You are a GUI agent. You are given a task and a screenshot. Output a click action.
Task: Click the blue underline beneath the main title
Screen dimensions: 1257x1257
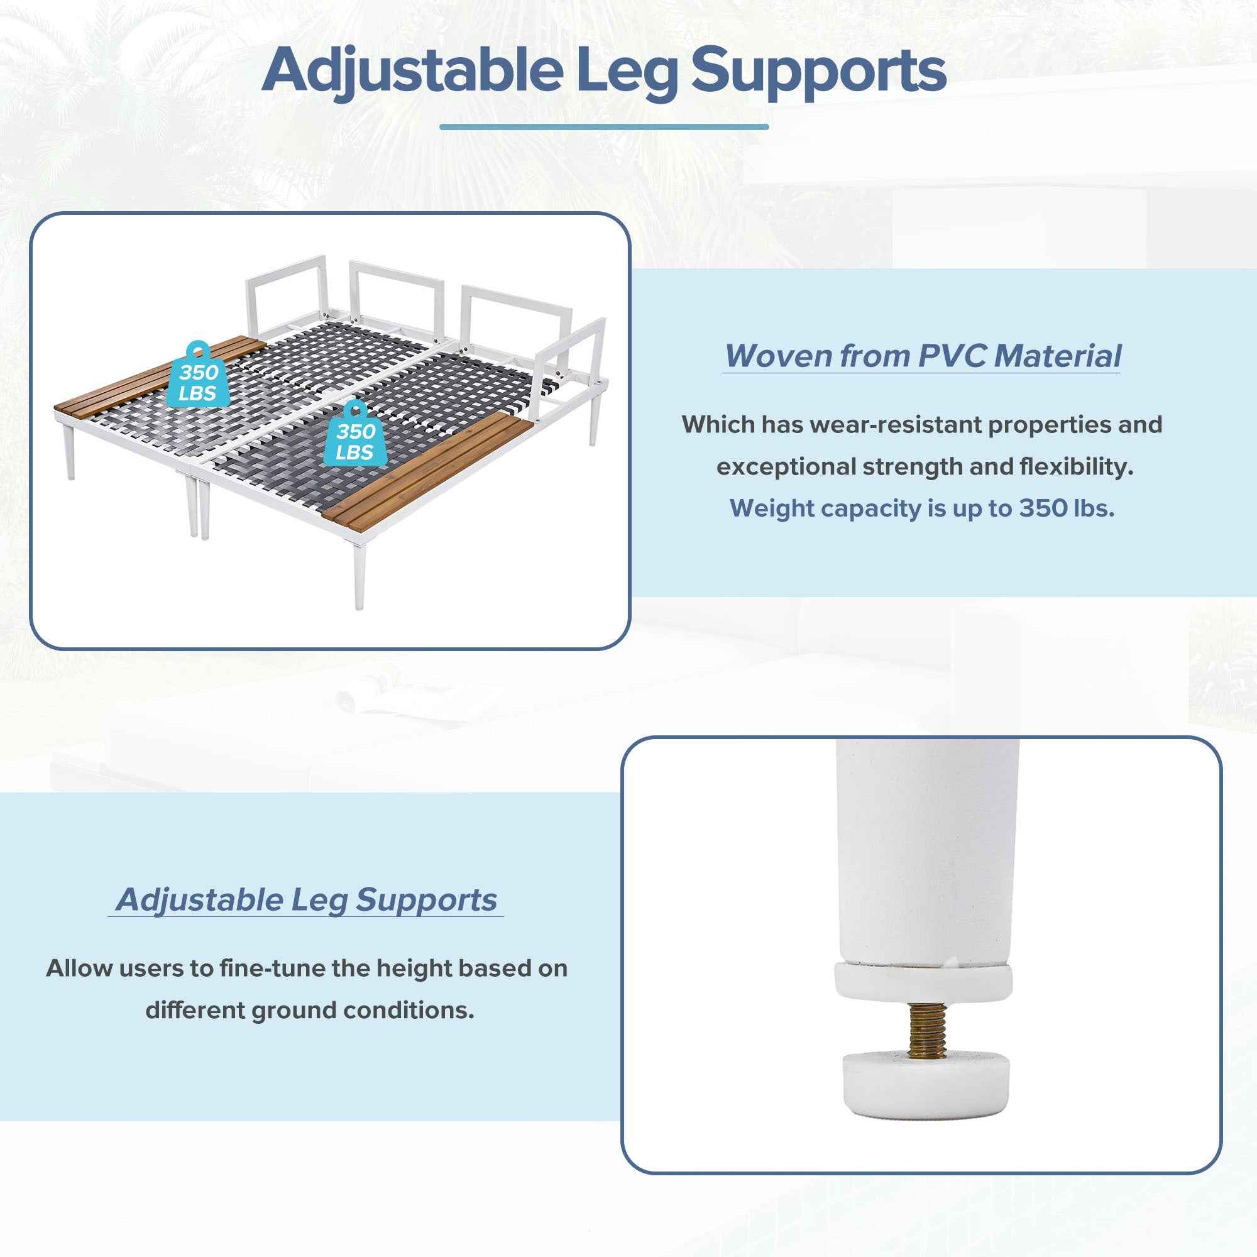click(604, 127)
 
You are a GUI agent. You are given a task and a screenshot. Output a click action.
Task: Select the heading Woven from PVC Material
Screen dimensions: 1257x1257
click(923, 356)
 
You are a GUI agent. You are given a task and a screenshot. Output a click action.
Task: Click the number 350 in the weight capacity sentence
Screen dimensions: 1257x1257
click(1042, 508)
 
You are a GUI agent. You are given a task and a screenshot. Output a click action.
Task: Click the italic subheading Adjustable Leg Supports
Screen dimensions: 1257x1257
click(306, 900)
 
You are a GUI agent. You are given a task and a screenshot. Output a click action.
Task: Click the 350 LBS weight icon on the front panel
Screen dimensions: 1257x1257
click(355, 433)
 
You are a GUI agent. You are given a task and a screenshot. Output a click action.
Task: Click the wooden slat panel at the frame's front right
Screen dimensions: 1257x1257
click(428, 469)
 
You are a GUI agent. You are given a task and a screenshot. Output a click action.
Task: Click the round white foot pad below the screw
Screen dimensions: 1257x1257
click(925, 1082)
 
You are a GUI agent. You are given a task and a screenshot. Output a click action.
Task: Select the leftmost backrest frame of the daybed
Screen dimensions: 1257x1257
click(285, 293)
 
